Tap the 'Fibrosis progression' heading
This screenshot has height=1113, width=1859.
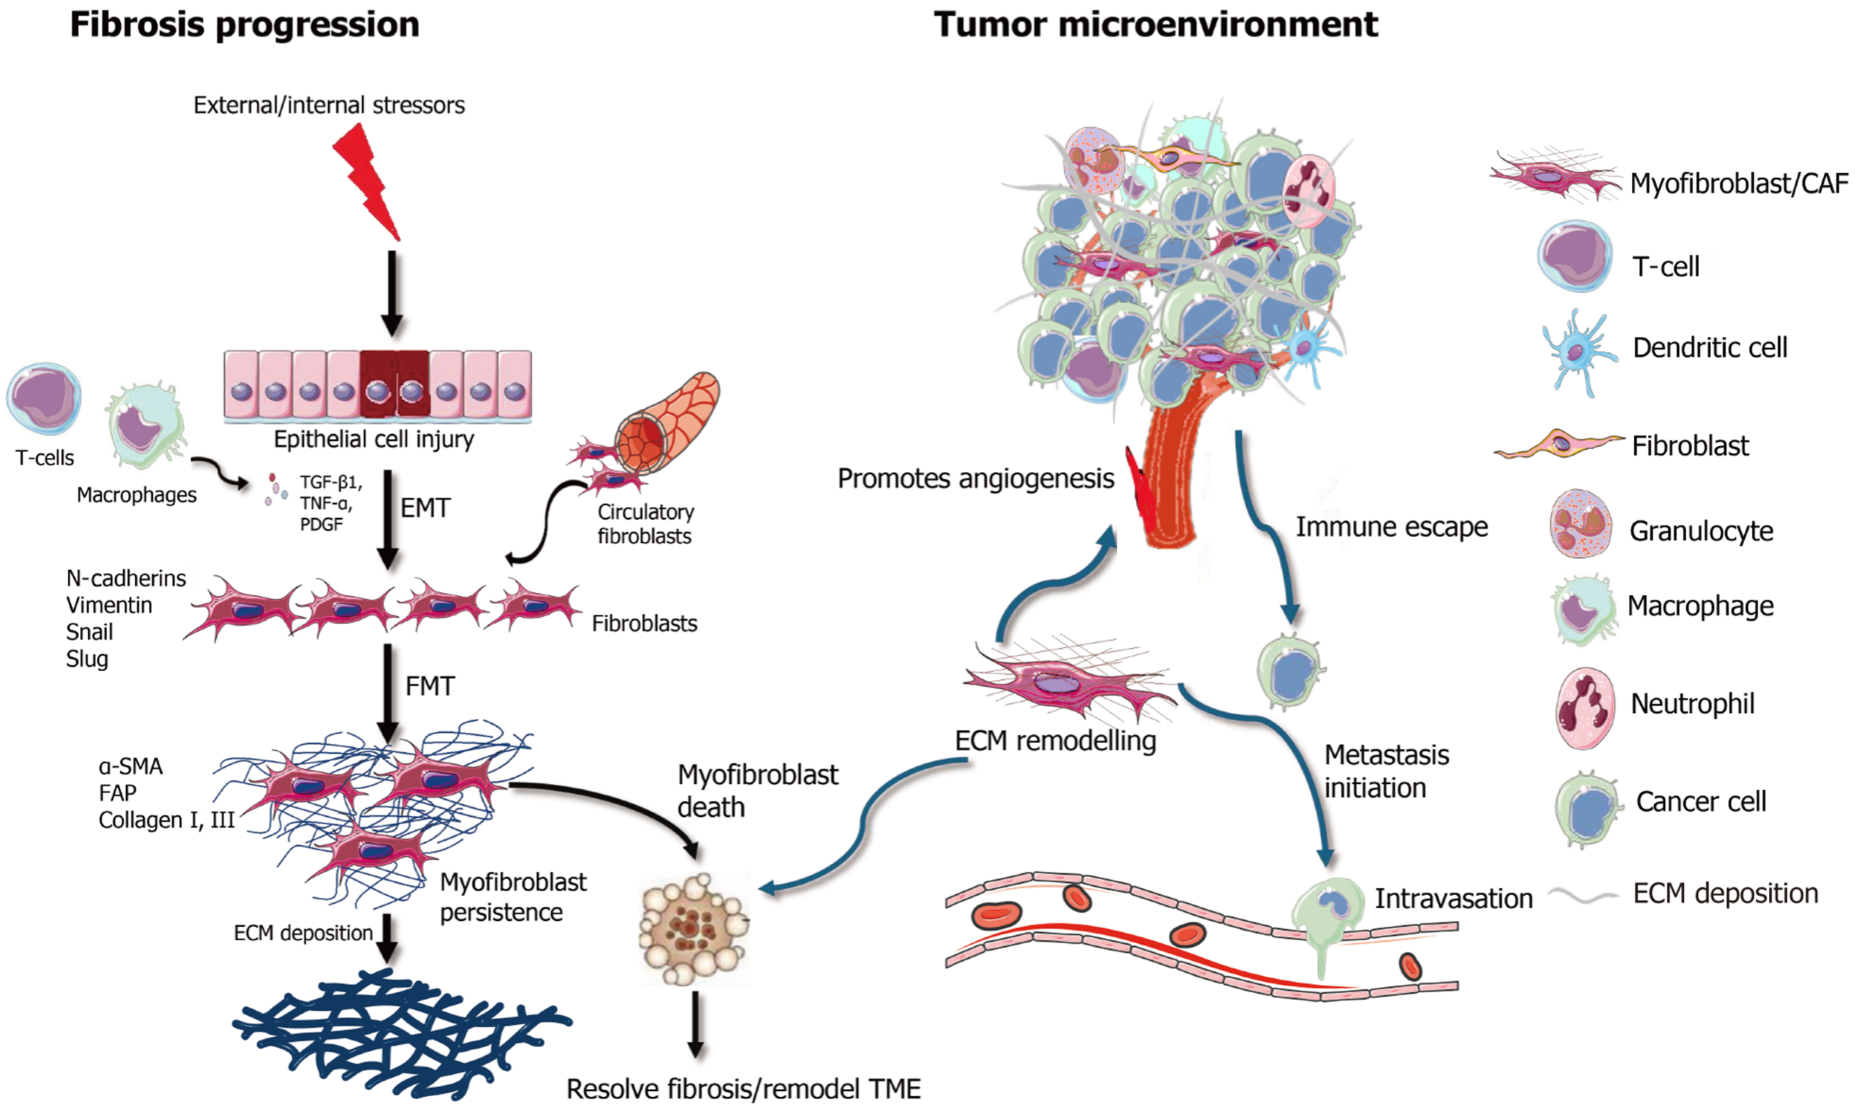(244, 25)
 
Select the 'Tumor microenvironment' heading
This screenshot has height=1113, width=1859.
(1155, 25)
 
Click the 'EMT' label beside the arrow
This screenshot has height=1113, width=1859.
(425, 509)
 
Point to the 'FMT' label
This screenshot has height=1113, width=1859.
(430, 686)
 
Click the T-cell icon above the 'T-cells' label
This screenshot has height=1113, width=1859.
(44, 398)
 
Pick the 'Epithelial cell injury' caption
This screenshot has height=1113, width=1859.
(374, 439)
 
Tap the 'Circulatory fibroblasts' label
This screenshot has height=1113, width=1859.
(645, 523)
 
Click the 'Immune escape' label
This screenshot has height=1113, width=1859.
(1391, 527)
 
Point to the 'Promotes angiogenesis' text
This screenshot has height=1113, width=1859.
(975, 479)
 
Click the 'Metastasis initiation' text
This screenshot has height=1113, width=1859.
(1385, 771)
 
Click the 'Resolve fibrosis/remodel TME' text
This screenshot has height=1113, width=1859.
(743, 1089)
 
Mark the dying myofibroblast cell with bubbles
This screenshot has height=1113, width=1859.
(693, 928)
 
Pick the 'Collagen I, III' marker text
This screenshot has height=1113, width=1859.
(167, 821)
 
